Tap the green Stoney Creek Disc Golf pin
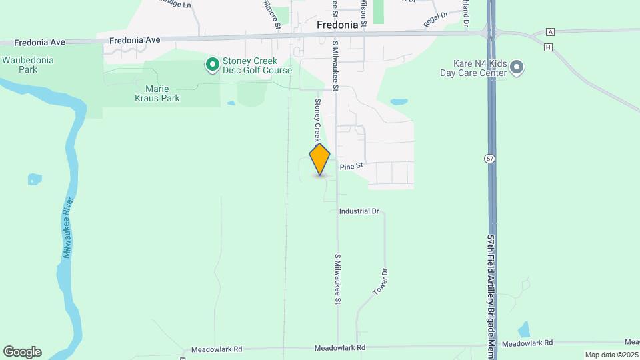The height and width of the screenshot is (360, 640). pos(213,65)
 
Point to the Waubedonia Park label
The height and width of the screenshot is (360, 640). pos(27,64)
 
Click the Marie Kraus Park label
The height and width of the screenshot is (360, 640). pos(163,93)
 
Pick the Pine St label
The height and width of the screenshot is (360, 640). pos(351,165)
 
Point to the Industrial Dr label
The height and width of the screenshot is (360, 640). pos(359,211)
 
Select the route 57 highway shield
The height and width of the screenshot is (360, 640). pos(489,159)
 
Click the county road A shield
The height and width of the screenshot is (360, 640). pos(550,32)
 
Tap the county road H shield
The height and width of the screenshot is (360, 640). pos(548,47)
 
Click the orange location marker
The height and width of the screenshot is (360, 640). pos(320,160)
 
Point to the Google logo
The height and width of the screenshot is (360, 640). pos(22,352)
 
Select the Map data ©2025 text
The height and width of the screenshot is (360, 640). pos(611,355)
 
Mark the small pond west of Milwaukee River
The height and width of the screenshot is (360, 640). pos(33,179)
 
